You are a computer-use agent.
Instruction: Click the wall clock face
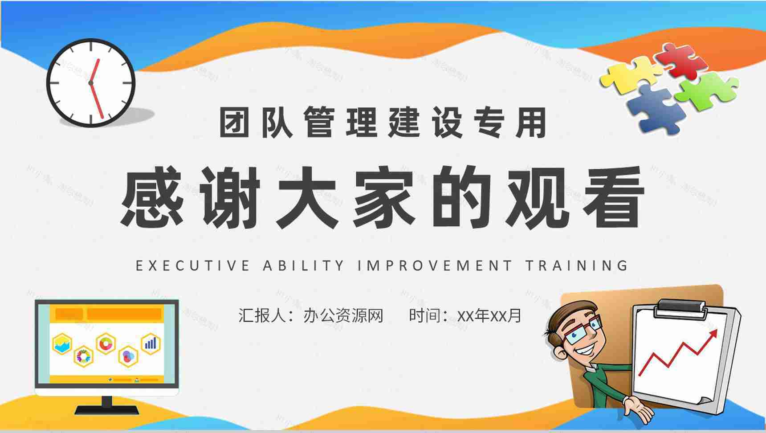pos(91,83)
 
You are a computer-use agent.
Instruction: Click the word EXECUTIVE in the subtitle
pos(192,266)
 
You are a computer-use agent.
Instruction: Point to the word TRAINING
pos(577,266)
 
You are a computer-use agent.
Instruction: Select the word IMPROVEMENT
pos(435,266)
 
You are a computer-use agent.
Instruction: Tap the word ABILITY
pos(304,266)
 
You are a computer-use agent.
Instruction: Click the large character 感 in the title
pos(152,196)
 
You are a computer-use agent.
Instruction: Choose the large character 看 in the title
pos(615,196)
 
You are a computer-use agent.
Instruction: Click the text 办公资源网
pos(343,315)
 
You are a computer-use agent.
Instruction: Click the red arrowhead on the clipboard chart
pos(713,334)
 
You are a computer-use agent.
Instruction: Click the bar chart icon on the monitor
pos(151,343)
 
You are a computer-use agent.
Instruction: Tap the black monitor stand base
pos(106,408)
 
